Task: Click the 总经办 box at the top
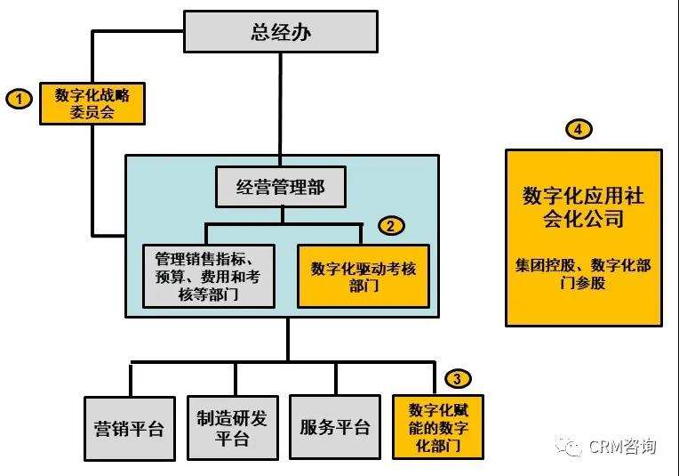tap(281, 32)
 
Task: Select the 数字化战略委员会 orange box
tap(92, 103)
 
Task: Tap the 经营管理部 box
tap(281, 187)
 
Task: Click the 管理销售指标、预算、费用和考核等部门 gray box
tap(209, 276)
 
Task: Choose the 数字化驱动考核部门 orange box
tap(363, 276)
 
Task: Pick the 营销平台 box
tap(130, 428)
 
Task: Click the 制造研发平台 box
tap(233, 427)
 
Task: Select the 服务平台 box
tap(335, 427)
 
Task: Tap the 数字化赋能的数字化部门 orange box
tap(438, 426)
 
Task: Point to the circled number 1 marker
tap(19, 99)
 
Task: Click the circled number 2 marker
tap(391, 226)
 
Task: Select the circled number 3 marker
tap(458, 378)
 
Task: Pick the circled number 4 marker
tap(579, 129)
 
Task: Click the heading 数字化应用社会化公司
tap(583, 206)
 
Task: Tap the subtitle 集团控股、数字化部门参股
tap(583, 273)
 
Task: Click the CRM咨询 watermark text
tap(622, 446)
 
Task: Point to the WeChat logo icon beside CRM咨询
tap(568, 446)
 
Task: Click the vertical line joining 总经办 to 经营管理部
tap(281, 109)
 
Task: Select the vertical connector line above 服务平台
tap(336, 378)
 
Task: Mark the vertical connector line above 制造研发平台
tap(236, 379)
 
